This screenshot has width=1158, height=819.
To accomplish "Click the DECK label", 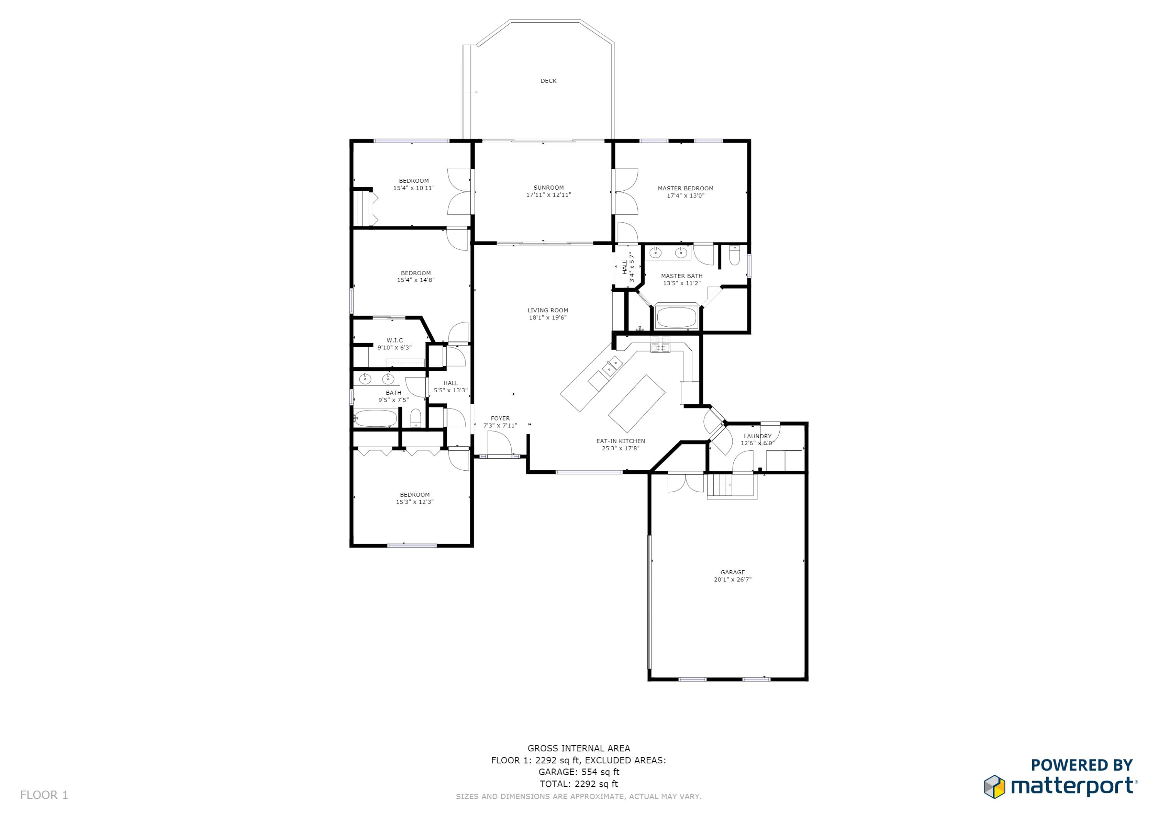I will [x=548, y=81].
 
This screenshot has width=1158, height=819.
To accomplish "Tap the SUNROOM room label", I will [x=548, y=187].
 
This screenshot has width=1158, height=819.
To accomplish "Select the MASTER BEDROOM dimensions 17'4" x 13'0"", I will [x=686, y=196].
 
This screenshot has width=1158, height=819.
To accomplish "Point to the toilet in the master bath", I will [x=734, y=257].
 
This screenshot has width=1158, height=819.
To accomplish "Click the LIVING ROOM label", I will [x=548, y=310].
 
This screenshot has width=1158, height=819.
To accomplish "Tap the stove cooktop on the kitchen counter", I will [x=660, y=347].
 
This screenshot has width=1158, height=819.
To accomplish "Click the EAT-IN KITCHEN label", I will [x=620, y=441].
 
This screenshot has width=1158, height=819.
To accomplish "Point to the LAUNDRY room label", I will [x=757, y=436].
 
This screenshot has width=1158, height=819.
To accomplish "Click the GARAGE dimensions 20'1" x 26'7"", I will [x=732, y=580].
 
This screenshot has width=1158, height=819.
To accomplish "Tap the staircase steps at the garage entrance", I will [x=720, y=487].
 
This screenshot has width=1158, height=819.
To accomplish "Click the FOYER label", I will [x=500, y=418].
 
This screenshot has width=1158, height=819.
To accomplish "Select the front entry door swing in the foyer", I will [x=499, y=444].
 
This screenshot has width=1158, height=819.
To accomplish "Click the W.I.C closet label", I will [x=394, y=341].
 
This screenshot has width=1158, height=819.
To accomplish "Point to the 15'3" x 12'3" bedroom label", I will [x=415, y=499].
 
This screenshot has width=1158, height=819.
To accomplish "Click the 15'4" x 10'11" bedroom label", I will [x=413, y=184].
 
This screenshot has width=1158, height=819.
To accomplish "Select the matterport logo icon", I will [x=995, y=787].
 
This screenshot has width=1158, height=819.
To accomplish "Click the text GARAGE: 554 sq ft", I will [x=579, y=772].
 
